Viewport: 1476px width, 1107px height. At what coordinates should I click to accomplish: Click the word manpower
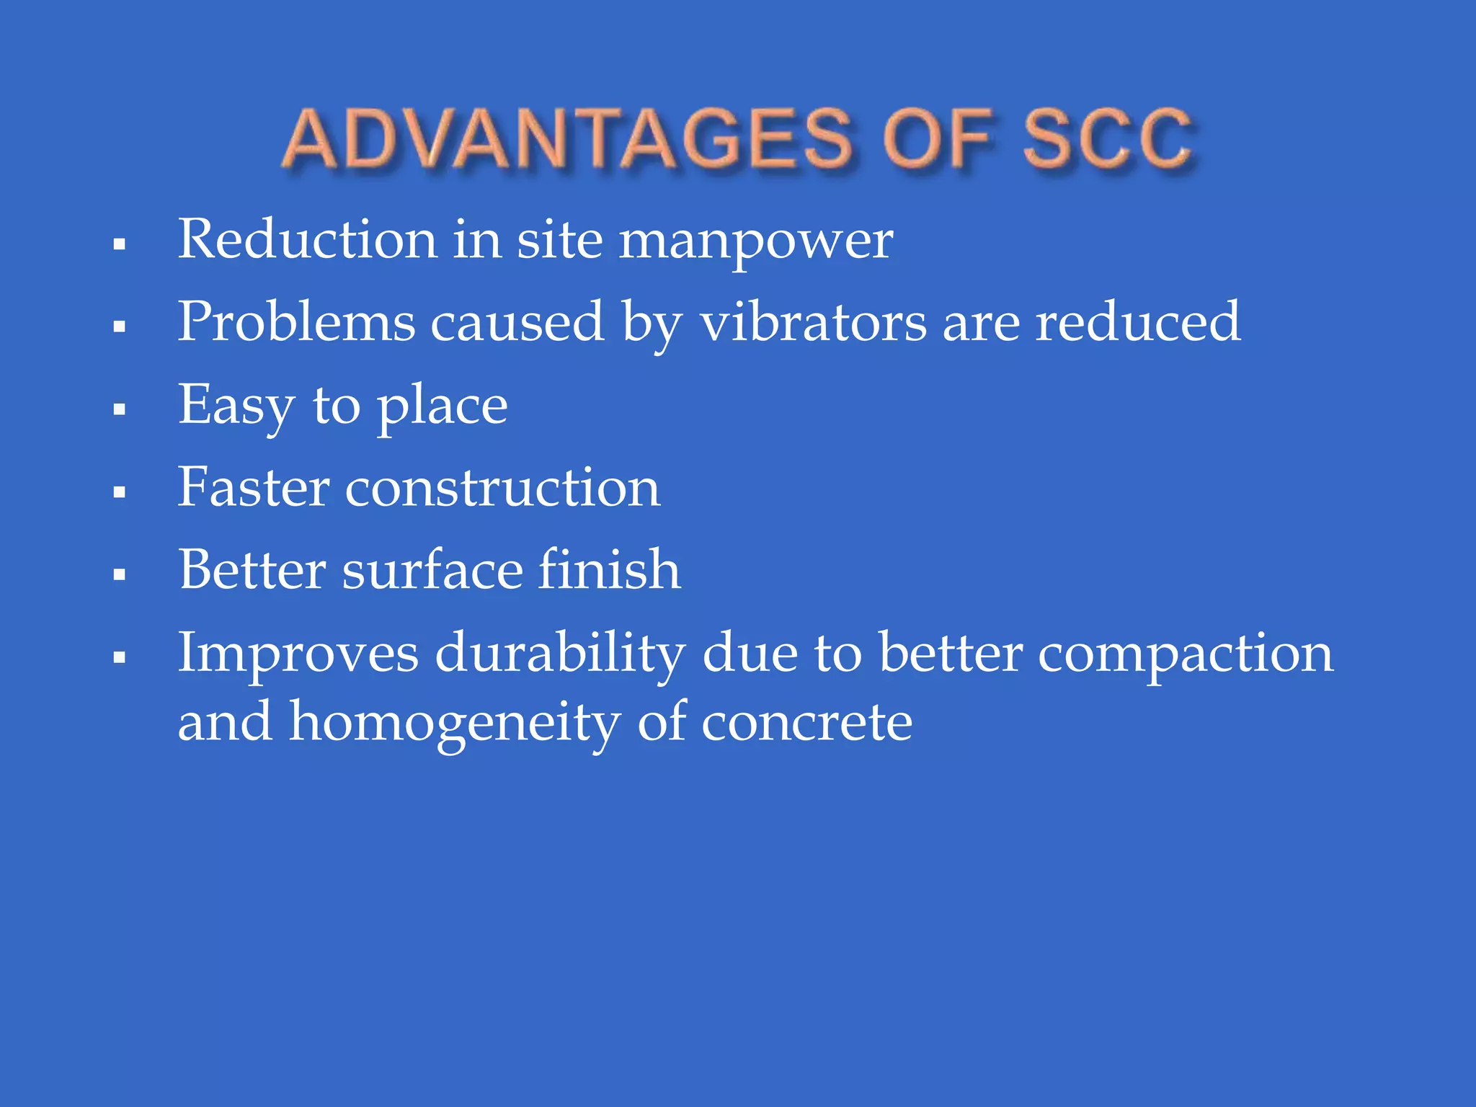(756, 241)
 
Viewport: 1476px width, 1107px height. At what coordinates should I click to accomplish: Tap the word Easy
(236, 406)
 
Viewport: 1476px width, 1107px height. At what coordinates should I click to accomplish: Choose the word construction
(502, 489)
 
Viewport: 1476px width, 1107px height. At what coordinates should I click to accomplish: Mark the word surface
(432, 570)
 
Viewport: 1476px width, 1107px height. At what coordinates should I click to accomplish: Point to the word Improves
(298, 654)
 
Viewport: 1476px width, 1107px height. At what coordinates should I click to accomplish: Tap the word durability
(560, 654)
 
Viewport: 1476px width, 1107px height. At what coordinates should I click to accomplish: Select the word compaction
(1186, 654)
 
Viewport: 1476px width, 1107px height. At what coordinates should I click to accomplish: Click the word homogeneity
(455, 723)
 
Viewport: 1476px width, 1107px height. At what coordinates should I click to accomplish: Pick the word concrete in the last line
(806, 723)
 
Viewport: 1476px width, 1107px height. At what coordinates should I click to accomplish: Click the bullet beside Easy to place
(120, 409)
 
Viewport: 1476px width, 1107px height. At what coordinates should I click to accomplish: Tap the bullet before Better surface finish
(120, 574)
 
